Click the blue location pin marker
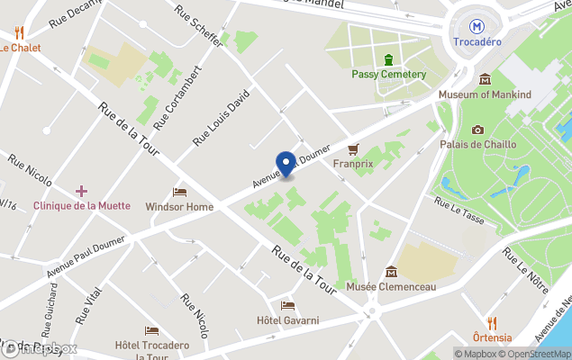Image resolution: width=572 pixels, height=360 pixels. click(x=287, y=164)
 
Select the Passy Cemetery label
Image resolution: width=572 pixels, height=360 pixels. click(x=387, y=74)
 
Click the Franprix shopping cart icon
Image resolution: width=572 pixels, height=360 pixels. click(x=353, y=148)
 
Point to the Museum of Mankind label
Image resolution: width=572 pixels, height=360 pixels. click(x=485, y=94)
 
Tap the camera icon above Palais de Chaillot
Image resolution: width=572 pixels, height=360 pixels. click(x=477, y=130)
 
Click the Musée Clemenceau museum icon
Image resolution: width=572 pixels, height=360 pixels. click(x=391, y=271)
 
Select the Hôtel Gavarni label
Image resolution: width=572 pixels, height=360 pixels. click(x=287, y=320)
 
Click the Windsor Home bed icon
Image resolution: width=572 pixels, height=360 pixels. click(x=179, y=192)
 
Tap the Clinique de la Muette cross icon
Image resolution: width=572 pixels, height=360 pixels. click(x=81, y=191)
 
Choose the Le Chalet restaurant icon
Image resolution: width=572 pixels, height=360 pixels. click(x=18, y=33)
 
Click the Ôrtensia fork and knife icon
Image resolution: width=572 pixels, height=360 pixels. click(x=492, y=322)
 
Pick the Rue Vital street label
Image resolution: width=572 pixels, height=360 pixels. click(x=87, y=305)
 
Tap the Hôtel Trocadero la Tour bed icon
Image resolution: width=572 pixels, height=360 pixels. click(x=151, y=330)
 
